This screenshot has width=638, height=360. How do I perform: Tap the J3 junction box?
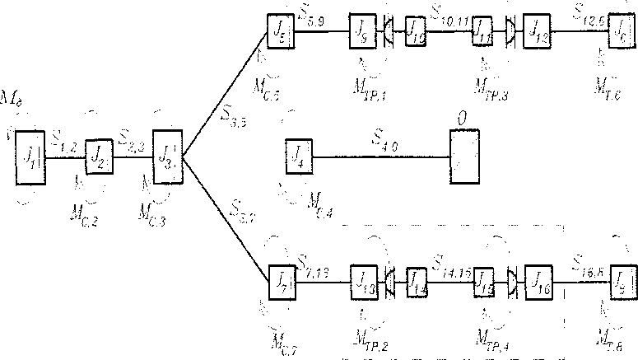pos(167,152)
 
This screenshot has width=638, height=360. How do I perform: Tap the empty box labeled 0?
pos(465,157)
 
